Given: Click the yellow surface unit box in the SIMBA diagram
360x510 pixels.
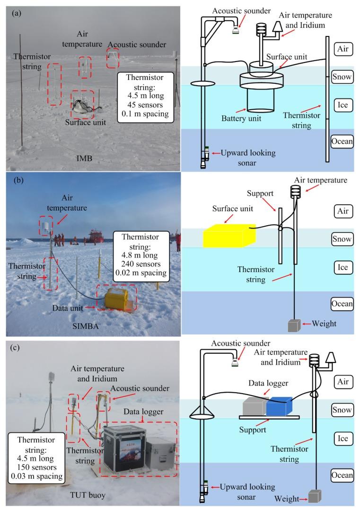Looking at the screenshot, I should pyautogui.click(x=228, y=236).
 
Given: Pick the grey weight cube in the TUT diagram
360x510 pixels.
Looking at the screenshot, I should pyautogui.click(x=314, y=496).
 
